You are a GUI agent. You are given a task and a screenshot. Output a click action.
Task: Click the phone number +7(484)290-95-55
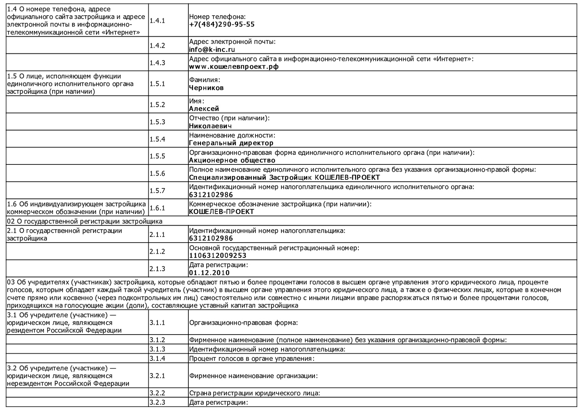coord(222,24)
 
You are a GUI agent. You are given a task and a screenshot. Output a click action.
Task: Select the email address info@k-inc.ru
coord(212,50)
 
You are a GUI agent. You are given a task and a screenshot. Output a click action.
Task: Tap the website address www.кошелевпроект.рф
coord(234,67)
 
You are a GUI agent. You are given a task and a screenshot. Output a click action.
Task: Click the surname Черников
coord(206,88)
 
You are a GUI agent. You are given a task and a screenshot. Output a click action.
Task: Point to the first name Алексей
coord(204,109)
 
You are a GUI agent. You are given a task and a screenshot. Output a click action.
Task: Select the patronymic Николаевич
coord(210,126)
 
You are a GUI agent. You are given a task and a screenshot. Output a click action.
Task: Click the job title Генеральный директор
coord(231,143)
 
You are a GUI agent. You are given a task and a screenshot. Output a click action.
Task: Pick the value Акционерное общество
coord(232,160)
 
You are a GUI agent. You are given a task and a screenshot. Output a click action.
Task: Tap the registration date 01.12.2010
coord(209,273)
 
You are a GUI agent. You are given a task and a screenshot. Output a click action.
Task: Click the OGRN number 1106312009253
coord(218,256)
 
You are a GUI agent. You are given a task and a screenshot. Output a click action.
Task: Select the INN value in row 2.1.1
coord(211,238)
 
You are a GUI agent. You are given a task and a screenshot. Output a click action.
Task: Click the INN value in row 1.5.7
coord(211,195)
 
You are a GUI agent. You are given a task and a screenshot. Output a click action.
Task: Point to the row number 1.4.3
coord(157,63)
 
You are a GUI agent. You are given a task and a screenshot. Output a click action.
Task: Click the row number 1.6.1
coord(157,208)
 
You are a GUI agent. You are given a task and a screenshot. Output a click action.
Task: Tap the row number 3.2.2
coord(157,393)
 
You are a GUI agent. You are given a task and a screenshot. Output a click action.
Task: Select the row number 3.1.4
coord(157,359)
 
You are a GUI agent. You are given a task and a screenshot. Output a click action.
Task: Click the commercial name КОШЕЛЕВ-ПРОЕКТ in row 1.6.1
coord(222,212)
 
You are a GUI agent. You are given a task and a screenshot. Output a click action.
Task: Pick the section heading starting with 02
coord(85,221)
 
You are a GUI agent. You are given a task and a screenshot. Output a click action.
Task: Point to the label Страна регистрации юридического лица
coord(254,393)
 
